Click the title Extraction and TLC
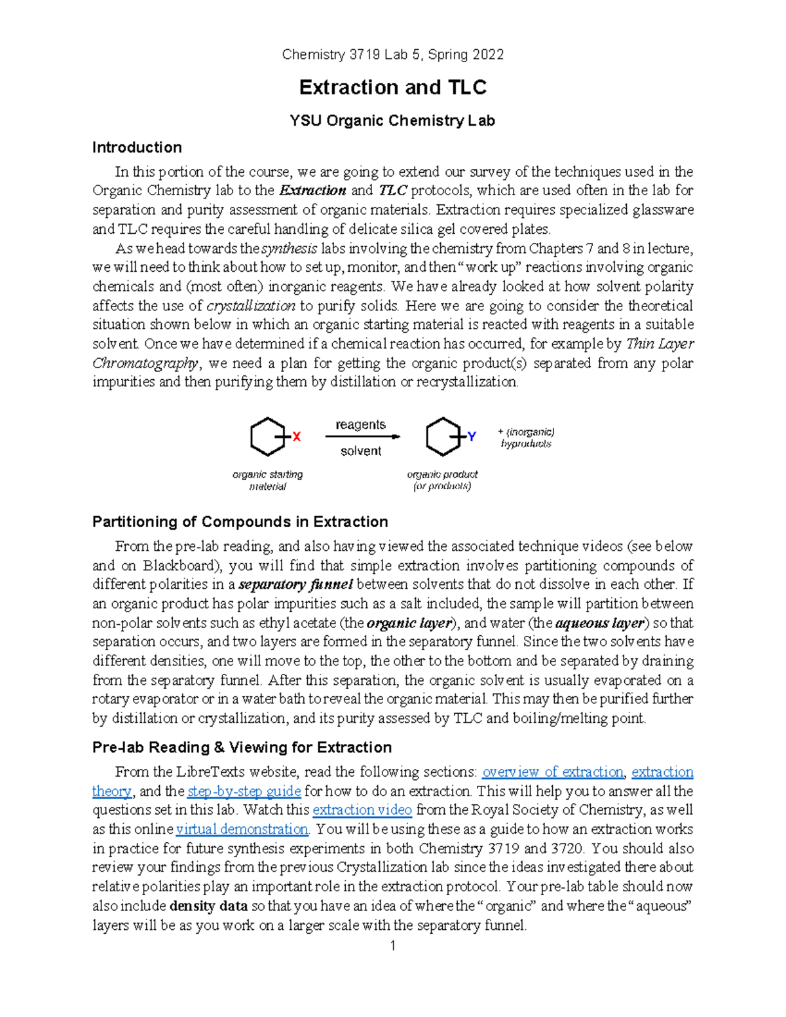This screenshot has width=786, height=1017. (392, 87)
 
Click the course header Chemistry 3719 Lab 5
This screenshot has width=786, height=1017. (392, 55)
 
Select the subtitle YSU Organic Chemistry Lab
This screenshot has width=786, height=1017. (392, 120)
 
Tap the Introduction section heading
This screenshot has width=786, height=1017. (137, 147)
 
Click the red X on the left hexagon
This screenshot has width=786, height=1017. (297, 437)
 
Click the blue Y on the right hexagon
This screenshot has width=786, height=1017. (472, 436)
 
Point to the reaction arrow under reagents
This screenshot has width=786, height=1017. (363, 437)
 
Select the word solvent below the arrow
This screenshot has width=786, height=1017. (361, 451)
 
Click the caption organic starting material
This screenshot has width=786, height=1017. (267, 480)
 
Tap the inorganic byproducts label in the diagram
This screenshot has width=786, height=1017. (526, 437)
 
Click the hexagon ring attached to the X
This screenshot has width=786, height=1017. (267, 437)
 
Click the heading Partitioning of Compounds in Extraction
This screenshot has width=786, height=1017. (240, 522)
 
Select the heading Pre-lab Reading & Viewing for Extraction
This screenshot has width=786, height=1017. (242, 747)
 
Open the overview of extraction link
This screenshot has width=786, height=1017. (553, 772)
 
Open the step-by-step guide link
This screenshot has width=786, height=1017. (244, 791)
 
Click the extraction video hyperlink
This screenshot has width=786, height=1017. (362, 810)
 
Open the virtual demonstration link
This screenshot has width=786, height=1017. (242, 829)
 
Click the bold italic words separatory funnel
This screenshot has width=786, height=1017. (296, 584)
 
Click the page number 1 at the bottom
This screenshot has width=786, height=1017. (392, 946)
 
